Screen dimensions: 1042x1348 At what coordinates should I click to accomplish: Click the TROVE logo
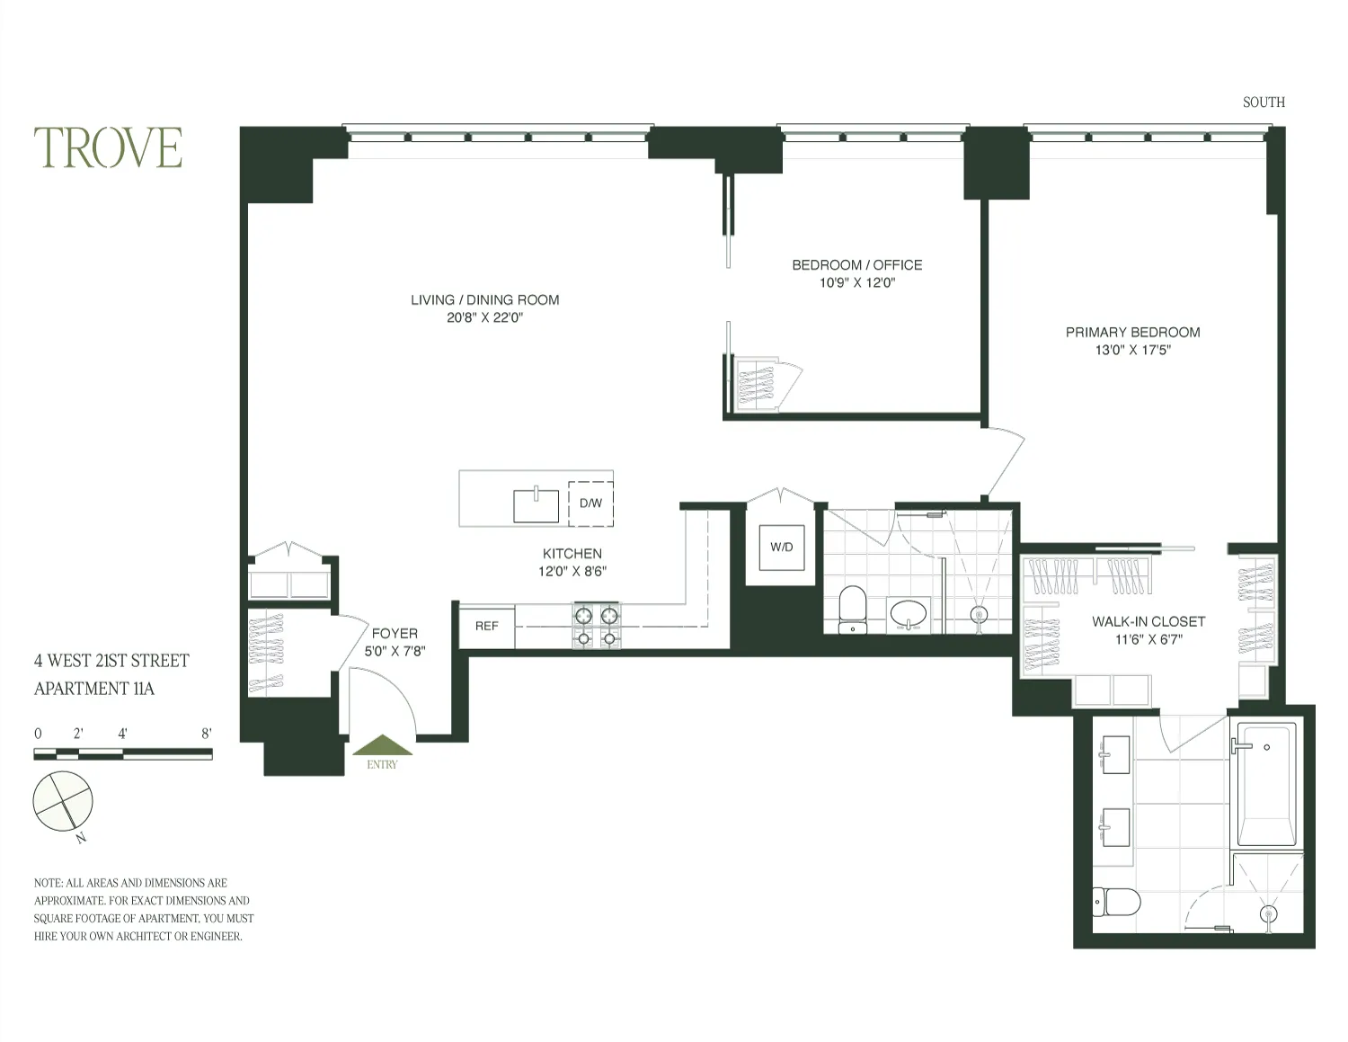point(108,148)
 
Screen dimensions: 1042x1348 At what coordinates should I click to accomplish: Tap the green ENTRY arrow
point(382,746)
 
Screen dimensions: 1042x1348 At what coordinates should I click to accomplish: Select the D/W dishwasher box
point(590,503)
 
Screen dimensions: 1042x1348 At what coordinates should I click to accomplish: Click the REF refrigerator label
point(486,626)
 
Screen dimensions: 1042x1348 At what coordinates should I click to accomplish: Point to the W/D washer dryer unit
point(782,548)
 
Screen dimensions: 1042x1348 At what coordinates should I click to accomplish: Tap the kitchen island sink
point(536,505)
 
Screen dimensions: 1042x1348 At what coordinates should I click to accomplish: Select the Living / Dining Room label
point(484,300)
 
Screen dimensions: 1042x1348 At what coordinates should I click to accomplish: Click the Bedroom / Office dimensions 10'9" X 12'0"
point(856,283)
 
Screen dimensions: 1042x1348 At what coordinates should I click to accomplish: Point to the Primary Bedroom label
point(1132,333)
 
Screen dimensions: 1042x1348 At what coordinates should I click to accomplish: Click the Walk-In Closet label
point(1148,621)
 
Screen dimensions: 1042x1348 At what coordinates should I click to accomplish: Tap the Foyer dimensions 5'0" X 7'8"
point(394,651)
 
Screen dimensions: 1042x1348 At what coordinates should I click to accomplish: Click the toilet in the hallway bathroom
point(851,609)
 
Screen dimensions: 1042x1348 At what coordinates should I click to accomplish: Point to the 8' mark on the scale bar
point(207,734)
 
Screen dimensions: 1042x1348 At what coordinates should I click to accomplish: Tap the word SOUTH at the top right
point(1263,102)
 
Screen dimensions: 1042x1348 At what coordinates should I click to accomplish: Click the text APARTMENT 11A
point(94,689)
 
